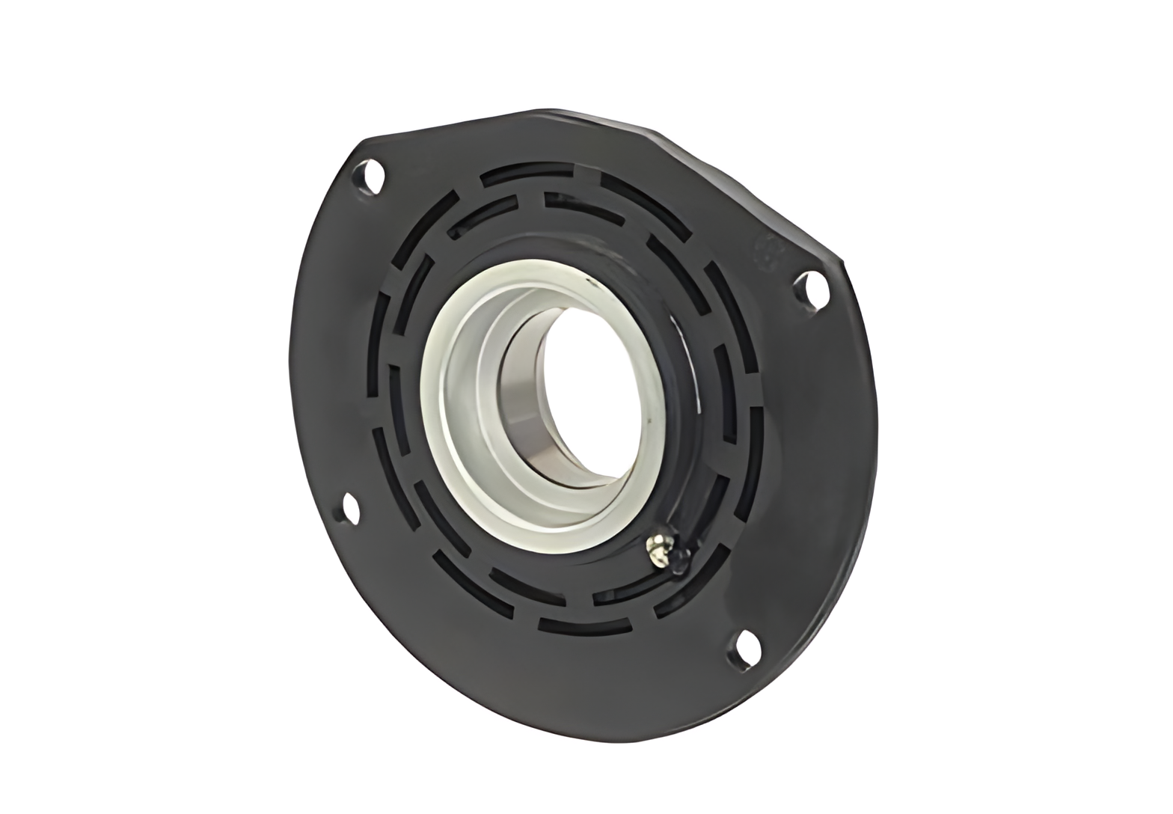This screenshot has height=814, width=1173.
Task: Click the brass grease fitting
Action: pyautogui.click(x=655, y=547)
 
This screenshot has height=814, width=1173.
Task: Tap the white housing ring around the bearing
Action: pyautogui.click(x=449, y=419)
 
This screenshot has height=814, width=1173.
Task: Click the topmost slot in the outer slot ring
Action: pyautogui.click(x=539, y=174)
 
